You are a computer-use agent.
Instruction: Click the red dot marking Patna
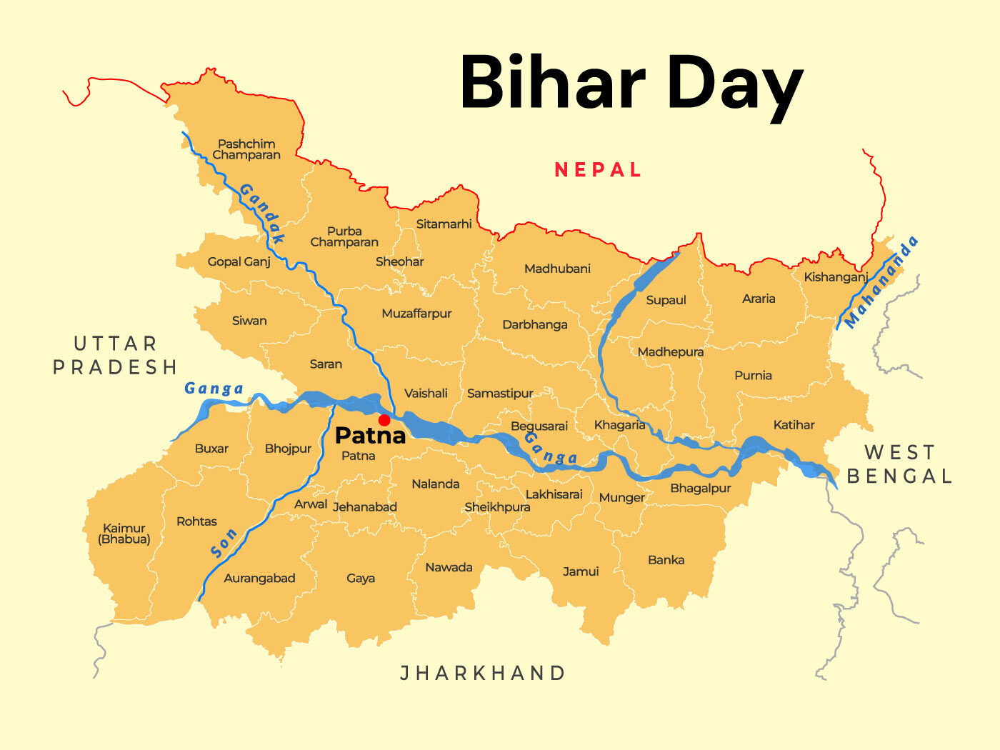click(x=384, y=420)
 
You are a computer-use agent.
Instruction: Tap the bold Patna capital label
click(x=370, y=435)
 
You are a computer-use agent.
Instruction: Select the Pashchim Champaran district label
click(x=246, y=149)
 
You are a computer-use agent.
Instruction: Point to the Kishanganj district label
click(x=836, y=277)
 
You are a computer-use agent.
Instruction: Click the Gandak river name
click(x=262, y=213)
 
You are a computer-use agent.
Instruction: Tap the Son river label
click(x=224, y=543)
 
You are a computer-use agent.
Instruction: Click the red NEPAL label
click(x=598, y=170)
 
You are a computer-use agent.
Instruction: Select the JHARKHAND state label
click(x=483, y=673)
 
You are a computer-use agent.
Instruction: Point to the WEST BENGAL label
click(x=899, y=464)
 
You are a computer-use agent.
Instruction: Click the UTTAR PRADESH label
click(x=115, y=356)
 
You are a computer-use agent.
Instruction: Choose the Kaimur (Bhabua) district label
click(x=124, y=534)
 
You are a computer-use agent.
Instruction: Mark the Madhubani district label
click(x=557, y=269)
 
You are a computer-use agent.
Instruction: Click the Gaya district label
click(x=361, y=578)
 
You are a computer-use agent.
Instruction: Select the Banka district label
click(x=666, y=560)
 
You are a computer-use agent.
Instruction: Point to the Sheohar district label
click(x=400, y=261)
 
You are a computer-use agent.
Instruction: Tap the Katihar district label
click(x=794, y=425)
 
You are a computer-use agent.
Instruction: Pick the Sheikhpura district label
click(x=497, y=507)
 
